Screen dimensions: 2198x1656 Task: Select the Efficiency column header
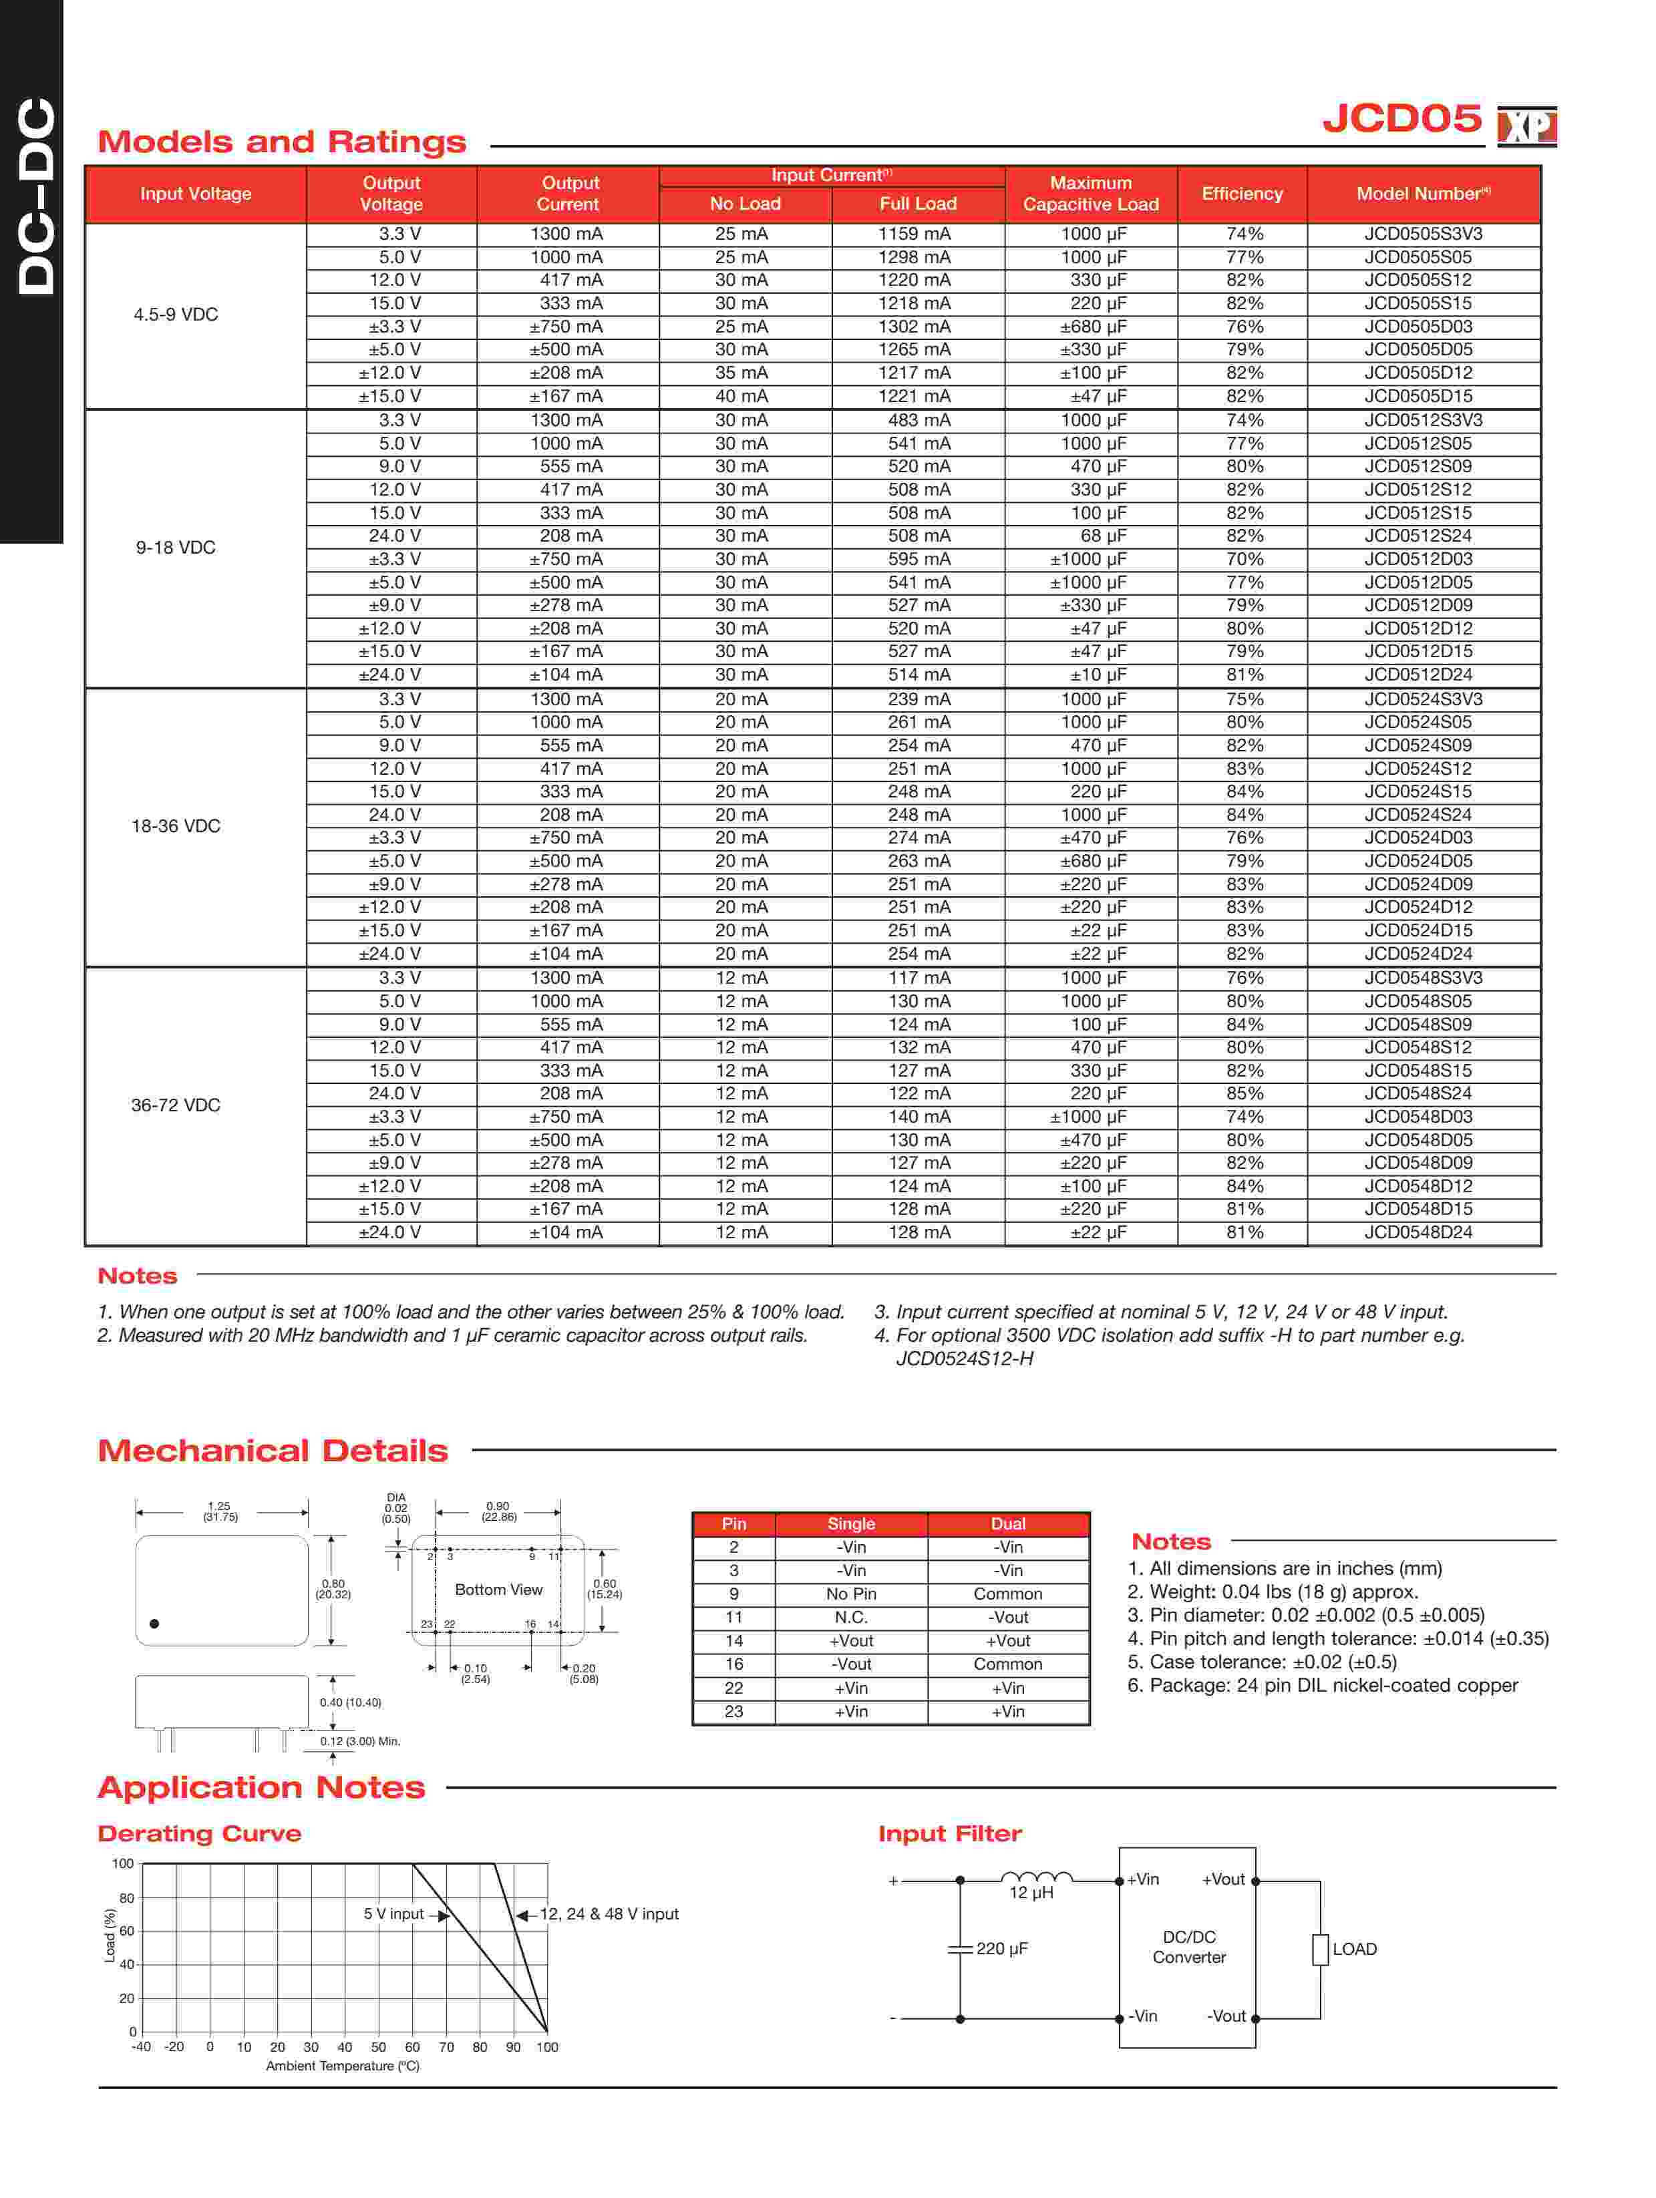[x=1242, y=194]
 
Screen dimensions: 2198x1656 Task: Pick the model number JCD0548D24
[x=1418, y=1232]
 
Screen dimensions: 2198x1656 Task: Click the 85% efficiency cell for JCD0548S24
[x=1245, y=1093]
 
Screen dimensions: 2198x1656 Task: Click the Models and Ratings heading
[x=281, y=142]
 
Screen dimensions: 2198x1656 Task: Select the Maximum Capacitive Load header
[x=1090, y=194]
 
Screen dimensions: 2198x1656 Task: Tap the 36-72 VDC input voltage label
[x=176, y=1105]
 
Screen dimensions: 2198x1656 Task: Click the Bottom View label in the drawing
[x=498, y=1590]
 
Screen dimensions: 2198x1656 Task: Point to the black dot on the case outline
[x=154, y=1624]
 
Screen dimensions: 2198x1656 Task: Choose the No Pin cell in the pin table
[x=851, y=1594]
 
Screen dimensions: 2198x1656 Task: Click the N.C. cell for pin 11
[x=851, y=1618]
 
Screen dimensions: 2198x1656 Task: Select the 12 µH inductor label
[x=1031, y=1893]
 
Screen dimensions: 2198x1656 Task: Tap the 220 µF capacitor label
[x=1001, y=1949]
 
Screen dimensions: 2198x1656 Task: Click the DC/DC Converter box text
[x=1189, y=1948]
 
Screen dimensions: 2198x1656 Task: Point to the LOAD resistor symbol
[x=1320, y=1950]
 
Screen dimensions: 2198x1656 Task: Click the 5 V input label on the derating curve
[x=393, y=1913]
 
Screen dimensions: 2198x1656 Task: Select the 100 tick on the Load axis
[x=122, y=1864]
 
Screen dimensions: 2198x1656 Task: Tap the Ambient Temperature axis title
[x=342, y=2066]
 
